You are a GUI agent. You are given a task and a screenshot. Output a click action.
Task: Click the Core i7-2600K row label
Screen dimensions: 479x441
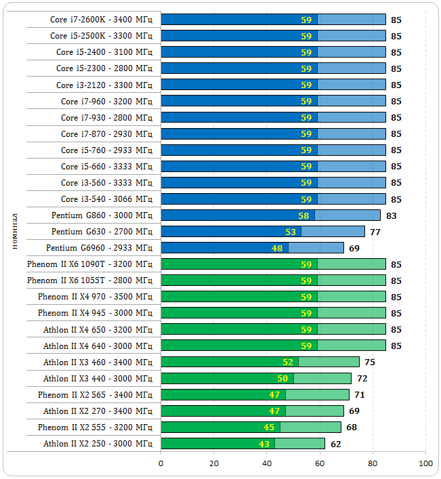pos(101,20)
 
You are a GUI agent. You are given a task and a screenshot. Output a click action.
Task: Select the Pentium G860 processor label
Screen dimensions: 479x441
pos(102,215)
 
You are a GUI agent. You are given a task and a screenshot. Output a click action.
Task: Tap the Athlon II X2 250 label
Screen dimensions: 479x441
pos(98,444)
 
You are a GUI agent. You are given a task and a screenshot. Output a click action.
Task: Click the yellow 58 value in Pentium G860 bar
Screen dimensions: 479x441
pos(303,215)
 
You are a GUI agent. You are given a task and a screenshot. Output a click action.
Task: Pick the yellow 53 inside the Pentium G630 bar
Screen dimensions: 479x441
pos(291,232)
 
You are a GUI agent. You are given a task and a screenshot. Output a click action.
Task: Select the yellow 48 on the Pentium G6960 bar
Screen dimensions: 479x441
pos(277,248)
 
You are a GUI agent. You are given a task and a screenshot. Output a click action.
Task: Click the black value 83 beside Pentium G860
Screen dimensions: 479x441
pos(391,216)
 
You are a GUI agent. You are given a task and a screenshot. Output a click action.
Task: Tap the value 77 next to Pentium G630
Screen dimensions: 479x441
pos(375,232)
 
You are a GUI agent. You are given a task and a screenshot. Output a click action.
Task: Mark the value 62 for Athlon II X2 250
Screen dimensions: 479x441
pos(335,444)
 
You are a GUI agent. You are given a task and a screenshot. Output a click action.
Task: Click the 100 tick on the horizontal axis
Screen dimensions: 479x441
pos(426,463)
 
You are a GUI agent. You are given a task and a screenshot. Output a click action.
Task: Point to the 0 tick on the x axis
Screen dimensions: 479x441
pos(161,463)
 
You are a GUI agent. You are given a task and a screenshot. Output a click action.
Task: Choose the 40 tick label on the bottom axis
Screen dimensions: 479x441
pos(267,463)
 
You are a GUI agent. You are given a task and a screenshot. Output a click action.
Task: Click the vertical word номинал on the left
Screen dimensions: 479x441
pos(15,231)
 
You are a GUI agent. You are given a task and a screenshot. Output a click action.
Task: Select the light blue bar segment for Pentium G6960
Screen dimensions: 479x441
pos(316,248)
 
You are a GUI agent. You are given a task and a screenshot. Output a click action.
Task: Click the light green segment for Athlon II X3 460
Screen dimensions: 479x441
pos(329,362)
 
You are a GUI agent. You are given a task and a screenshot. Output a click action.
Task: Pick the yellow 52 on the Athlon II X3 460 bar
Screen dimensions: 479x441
pos(287,362)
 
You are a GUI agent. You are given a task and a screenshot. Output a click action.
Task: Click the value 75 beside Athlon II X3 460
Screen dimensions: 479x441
pos(370,362)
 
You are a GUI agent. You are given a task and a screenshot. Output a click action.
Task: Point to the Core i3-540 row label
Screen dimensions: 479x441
pos(106,199)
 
